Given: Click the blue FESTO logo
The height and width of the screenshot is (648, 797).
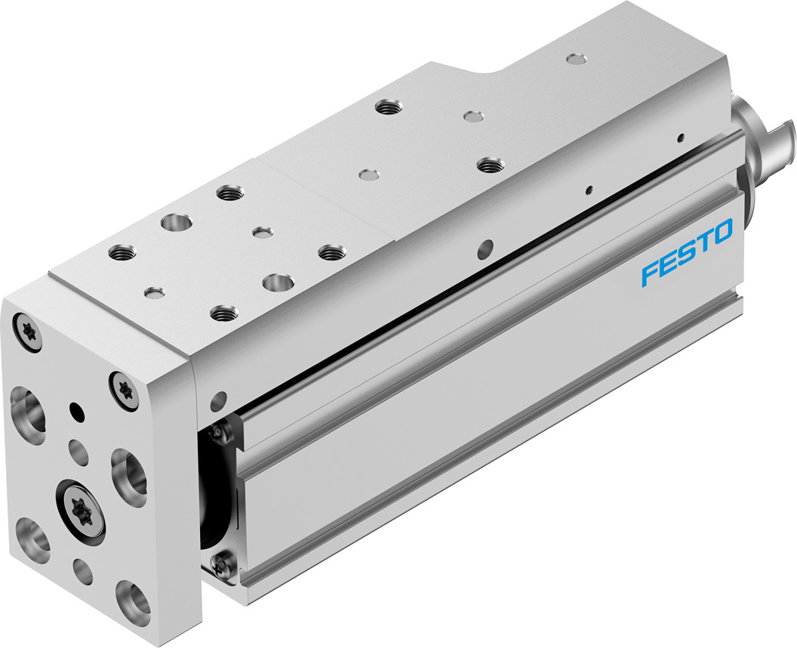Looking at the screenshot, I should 687,252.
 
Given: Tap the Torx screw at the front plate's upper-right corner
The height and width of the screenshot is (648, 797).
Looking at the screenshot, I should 124,387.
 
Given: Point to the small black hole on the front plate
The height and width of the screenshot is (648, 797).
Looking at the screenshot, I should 75,411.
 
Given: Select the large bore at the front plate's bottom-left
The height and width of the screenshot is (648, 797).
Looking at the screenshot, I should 31,535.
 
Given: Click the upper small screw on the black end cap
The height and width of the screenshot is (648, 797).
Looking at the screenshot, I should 220,432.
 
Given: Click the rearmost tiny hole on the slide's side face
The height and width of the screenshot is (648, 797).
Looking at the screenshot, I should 681,137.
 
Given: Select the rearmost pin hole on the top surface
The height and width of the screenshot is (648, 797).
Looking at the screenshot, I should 576,58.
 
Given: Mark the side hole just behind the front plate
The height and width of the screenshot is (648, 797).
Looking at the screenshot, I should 219,397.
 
